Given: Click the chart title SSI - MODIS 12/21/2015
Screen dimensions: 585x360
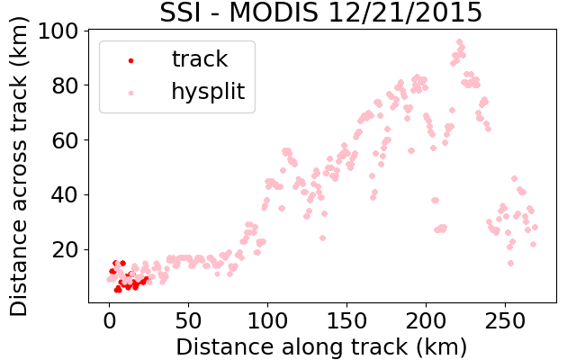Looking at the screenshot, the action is (x=321, y=13).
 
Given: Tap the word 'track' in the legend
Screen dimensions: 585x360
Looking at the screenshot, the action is (x=200, y=58).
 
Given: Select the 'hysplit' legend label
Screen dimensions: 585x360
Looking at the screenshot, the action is (x=208, y=92).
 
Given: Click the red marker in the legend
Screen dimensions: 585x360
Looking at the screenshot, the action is (x=131, y=60).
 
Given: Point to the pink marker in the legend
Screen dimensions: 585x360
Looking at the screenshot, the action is (x=131, y=93).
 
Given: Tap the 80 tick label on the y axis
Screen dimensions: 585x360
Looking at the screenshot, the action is (x=65, y=85).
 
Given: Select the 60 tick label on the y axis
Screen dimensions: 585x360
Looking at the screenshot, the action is (x=65, y=140).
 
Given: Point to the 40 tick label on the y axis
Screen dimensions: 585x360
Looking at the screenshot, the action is (x=65, y=195).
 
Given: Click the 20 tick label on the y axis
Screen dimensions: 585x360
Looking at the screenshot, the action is (x=65, y=250).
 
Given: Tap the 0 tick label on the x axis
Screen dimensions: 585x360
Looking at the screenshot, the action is (x=109, y=320).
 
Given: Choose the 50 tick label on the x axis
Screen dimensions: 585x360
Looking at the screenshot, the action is (x=188, y=320).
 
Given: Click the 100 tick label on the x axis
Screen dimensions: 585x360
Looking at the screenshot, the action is (x=267, y=320).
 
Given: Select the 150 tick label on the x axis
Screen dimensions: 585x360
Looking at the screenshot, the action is (x=346, y=320).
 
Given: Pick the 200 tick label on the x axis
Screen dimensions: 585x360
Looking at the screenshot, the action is (x=426, y=320).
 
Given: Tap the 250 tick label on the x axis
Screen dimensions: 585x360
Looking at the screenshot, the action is (x=505, y=320).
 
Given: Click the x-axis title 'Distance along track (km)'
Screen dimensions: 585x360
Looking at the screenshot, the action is (x=321, y=346).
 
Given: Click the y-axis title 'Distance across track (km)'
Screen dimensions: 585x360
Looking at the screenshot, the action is (x=19, y=166).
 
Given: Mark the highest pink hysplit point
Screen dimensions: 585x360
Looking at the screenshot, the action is (x=459, y=41).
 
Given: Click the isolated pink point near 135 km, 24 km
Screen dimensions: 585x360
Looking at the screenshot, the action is (x=323, y=238).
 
